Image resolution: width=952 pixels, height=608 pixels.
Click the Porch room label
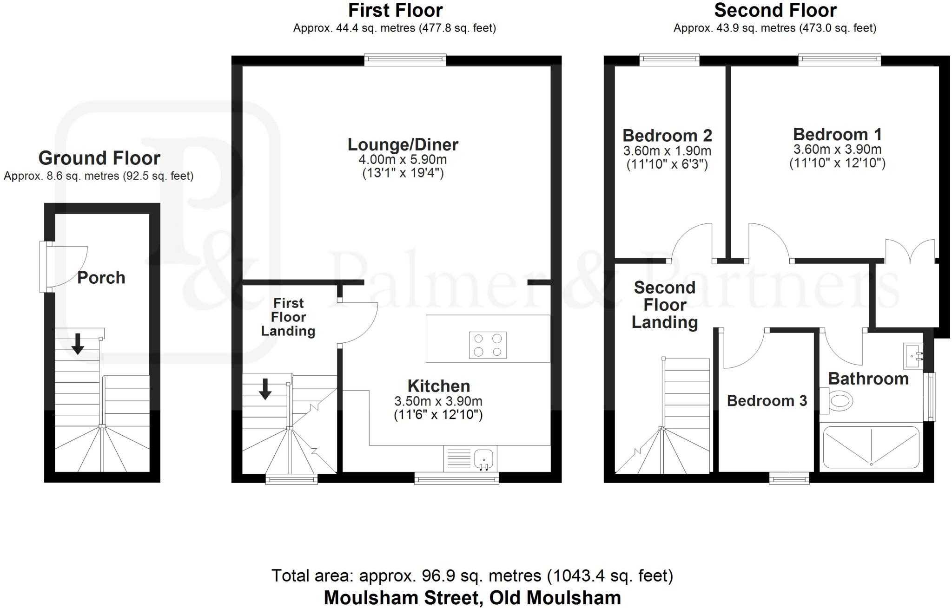(x=101, y=278)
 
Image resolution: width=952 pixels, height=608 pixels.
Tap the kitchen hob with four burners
(x=488, y=345)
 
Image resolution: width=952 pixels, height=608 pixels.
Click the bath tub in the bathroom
(x=871, y=447)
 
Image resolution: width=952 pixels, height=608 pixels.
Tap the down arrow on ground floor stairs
(x=78, y=344)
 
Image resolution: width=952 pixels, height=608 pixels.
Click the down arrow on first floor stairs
(x=265, y=389)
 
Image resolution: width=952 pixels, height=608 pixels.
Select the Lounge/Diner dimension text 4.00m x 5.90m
(x=403, y=160)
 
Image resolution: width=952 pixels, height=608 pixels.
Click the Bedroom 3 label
(x=767, y=401)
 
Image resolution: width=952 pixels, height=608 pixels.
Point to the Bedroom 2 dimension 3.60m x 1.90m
(x=667, y=151)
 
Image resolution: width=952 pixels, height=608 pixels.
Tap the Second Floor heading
(x=775, y=10)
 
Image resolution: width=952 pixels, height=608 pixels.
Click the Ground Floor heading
(x=99, y=158)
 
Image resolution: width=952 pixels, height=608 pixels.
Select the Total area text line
(x=472, y=576)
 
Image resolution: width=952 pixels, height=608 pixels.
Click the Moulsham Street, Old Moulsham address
(x=472, y=597)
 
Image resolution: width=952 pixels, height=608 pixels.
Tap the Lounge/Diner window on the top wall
(x=405, y=59)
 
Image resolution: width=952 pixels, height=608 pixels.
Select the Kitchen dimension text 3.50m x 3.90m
(x=438, y=401)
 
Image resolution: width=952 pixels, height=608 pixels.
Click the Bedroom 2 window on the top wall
(x=669, y=59)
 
